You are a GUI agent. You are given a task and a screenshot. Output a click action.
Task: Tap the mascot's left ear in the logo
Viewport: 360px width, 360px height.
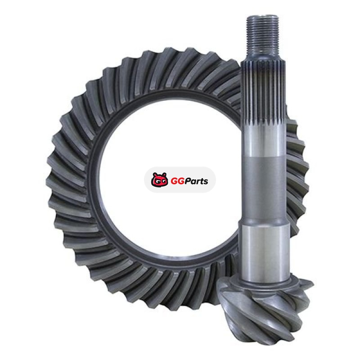point(155,175)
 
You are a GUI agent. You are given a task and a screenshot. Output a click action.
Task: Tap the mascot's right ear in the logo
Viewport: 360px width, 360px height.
point(165,175)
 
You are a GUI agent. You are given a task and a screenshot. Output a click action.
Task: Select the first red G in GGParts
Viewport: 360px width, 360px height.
point(174,181)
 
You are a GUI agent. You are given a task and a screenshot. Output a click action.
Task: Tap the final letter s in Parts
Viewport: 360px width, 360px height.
point(206,182)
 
